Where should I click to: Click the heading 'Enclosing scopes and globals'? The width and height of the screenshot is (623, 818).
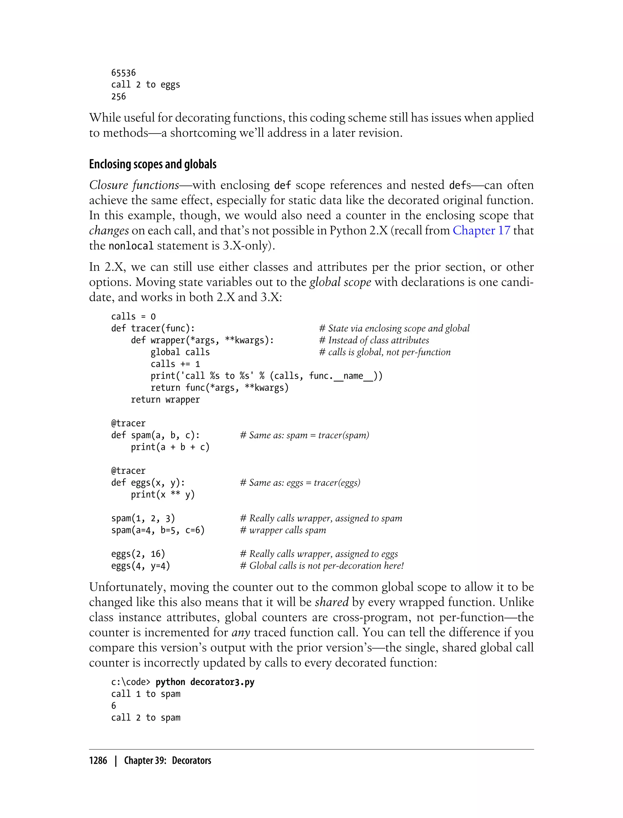pos(152,164)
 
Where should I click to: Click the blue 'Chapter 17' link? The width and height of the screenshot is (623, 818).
pos(481,230)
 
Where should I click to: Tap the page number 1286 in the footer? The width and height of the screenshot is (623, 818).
pos(98,760)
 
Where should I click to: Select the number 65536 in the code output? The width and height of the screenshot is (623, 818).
pos(124,73)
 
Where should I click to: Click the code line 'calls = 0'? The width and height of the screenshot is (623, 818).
pos(133,316)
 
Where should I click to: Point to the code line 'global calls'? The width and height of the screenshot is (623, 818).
pos(180,352)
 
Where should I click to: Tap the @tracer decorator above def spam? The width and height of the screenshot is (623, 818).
pos(128,423)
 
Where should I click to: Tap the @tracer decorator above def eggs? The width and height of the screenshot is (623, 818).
pos(128,471)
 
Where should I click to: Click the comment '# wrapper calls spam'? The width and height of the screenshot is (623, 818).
pos(283,530)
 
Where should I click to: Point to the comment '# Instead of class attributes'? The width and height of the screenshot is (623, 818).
pos(374,340)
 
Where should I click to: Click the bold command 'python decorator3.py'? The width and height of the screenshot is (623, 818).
pos(205,682)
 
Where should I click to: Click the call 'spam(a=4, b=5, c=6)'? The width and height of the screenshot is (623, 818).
pos(158,530)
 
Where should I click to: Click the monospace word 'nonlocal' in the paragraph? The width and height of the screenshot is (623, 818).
pos(131,246)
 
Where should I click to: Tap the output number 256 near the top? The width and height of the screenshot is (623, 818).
pos(118,96)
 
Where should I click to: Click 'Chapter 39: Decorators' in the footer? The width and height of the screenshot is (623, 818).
pos(167,760)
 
